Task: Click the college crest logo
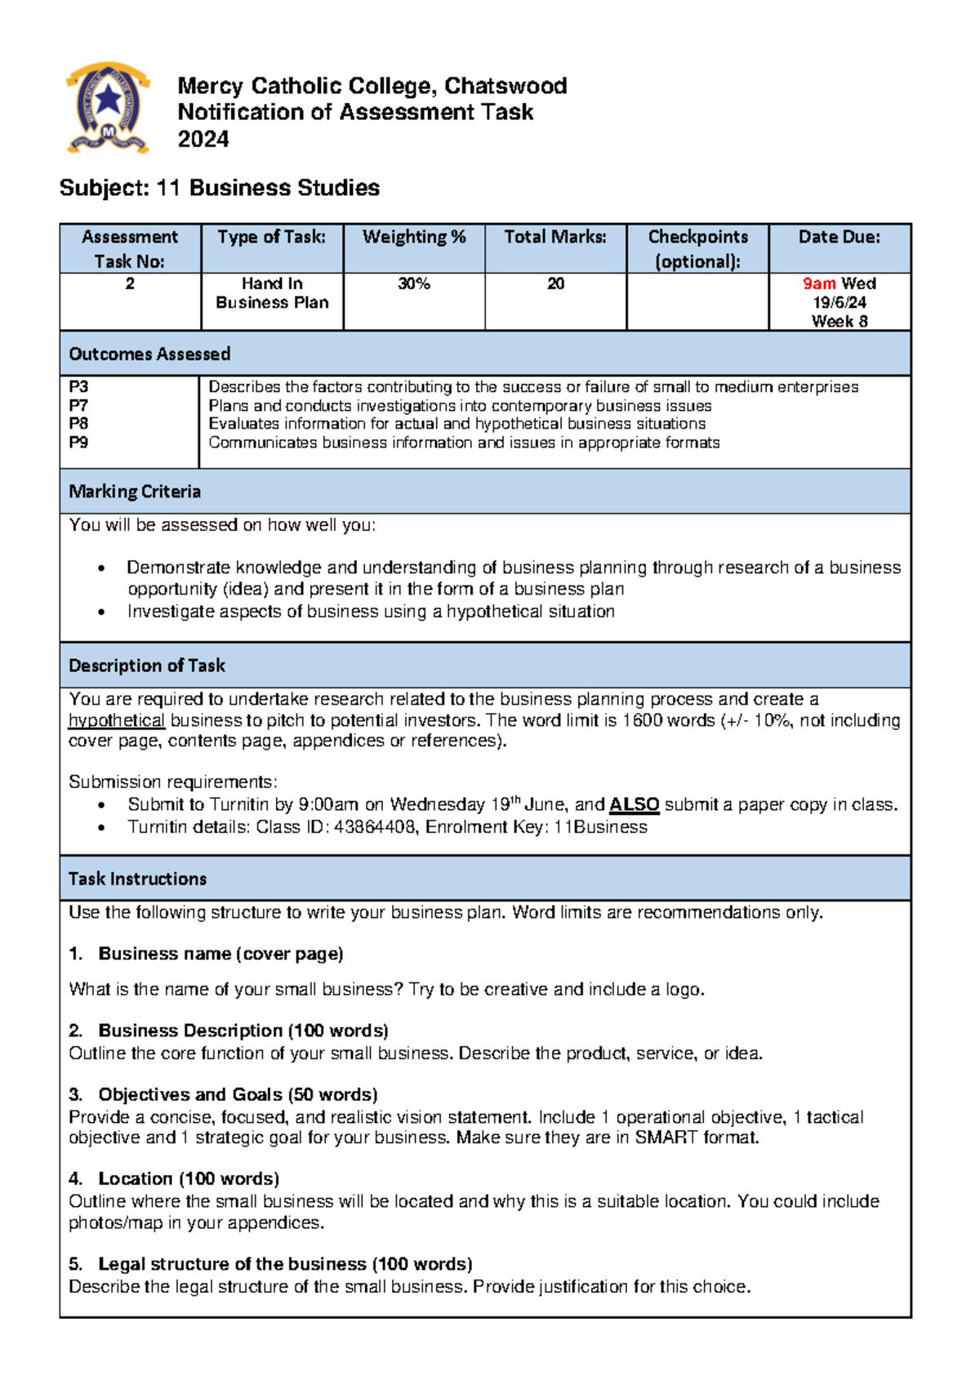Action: tap(108, 107)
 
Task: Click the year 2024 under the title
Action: tap(203, 140)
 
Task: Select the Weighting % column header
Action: tap(414, 238)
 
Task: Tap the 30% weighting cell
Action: tap(414, 284)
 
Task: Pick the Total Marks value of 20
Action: tap(555, 284)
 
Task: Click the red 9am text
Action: tap(818, 284)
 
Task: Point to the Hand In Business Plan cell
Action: tap(272, 293)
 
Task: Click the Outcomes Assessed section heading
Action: tap(149, 354)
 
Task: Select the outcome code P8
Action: tap(78, 424)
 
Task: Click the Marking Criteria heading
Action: tap(135, 492)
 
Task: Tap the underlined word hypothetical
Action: tap(117, 721)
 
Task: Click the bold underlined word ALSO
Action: tap(634, 805)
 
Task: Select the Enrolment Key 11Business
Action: tap(600, 827)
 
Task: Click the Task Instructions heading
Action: tap(138, 880)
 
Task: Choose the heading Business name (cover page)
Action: tap(220, 954)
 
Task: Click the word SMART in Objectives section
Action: tap(666, 1138)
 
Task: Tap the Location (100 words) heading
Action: tap(189, 1179)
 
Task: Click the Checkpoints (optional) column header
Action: tap(697, 248)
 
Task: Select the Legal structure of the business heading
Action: tap(285, 1264)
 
